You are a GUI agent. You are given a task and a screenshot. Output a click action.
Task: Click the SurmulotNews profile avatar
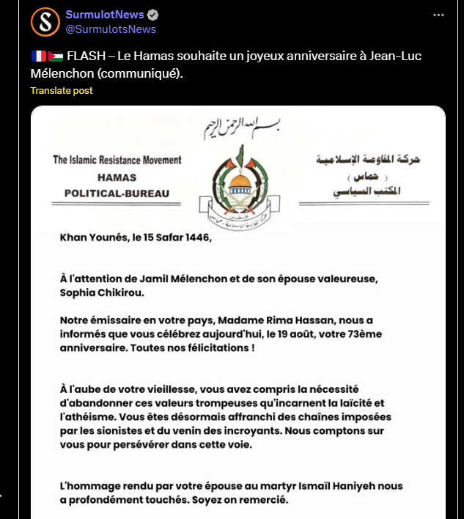[45, 22]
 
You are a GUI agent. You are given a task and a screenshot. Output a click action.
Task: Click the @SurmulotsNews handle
[111, 29]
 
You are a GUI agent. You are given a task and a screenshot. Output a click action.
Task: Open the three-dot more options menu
[438, 15]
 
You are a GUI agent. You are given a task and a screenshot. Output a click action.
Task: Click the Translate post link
[62, 90]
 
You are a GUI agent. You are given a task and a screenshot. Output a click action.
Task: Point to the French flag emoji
[38, 56]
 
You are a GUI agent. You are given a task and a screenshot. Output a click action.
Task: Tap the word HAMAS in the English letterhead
[117, 177]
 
